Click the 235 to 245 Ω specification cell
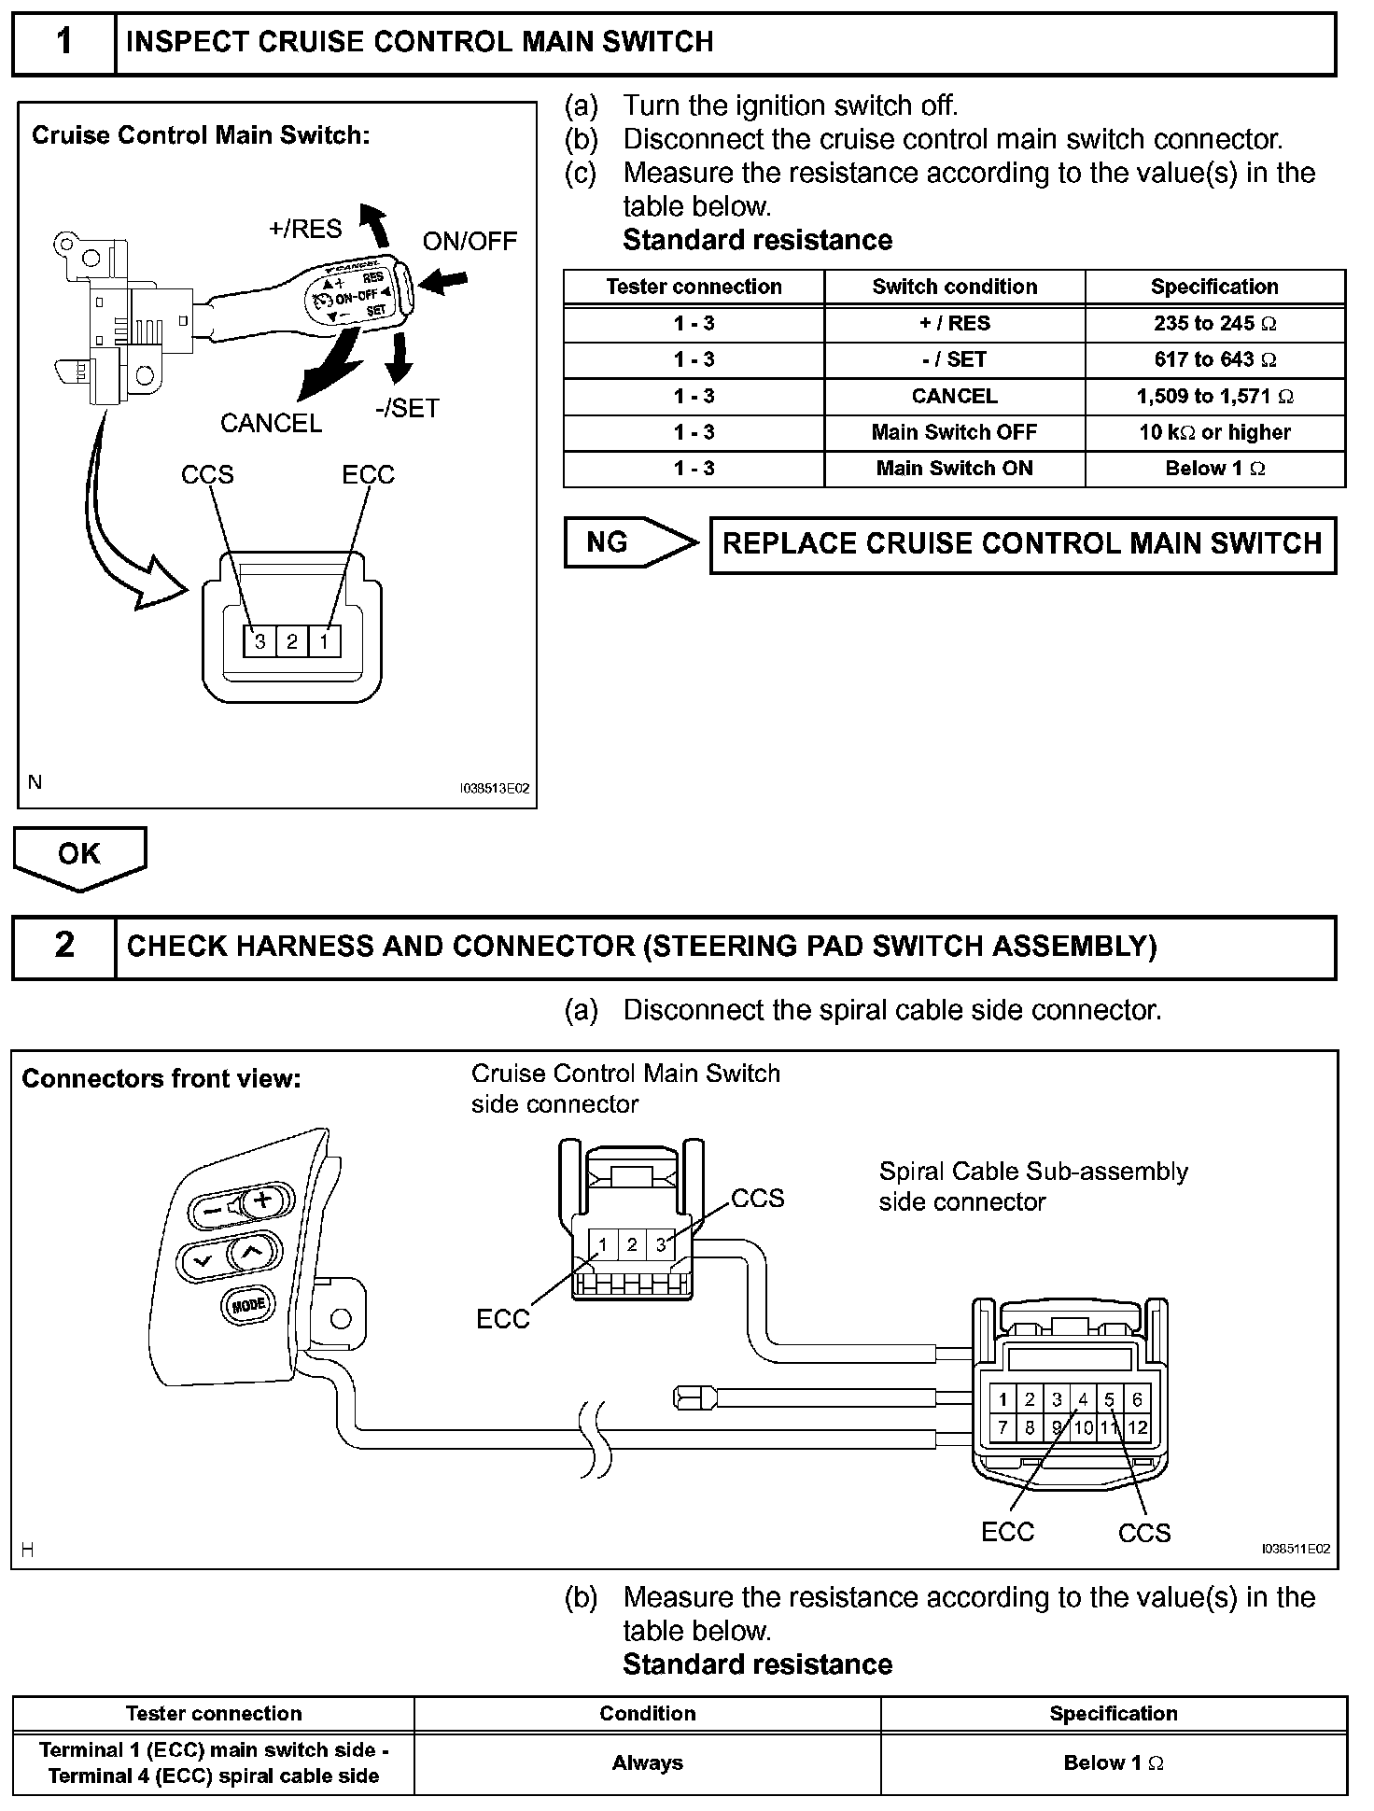pos(1214,323)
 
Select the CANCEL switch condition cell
pos(954,396)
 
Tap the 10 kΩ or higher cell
pos(1214,432)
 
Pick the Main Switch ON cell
pos(954,469)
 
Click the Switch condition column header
pos(954,287)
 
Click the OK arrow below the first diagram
pos(79,855)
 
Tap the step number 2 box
pos(63,946)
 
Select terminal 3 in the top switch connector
pos(260,641)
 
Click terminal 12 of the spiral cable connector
pos(1137,1427)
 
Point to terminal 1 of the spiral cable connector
pos(1002,1399)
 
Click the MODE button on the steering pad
pos(248,1304)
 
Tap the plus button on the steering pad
pos(263,1200)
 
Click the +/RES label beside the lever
pos(305,229)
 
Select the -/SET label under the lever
pos(407,408)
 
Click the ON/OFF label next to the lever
pos(470,241)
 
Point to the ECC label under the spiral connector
pos(1007,1532)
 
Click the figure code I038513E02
pos(494,789)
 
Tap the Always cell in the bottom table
pos(647,1762)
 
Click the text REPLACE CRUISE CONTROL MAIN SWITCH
pos(1022,544)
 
